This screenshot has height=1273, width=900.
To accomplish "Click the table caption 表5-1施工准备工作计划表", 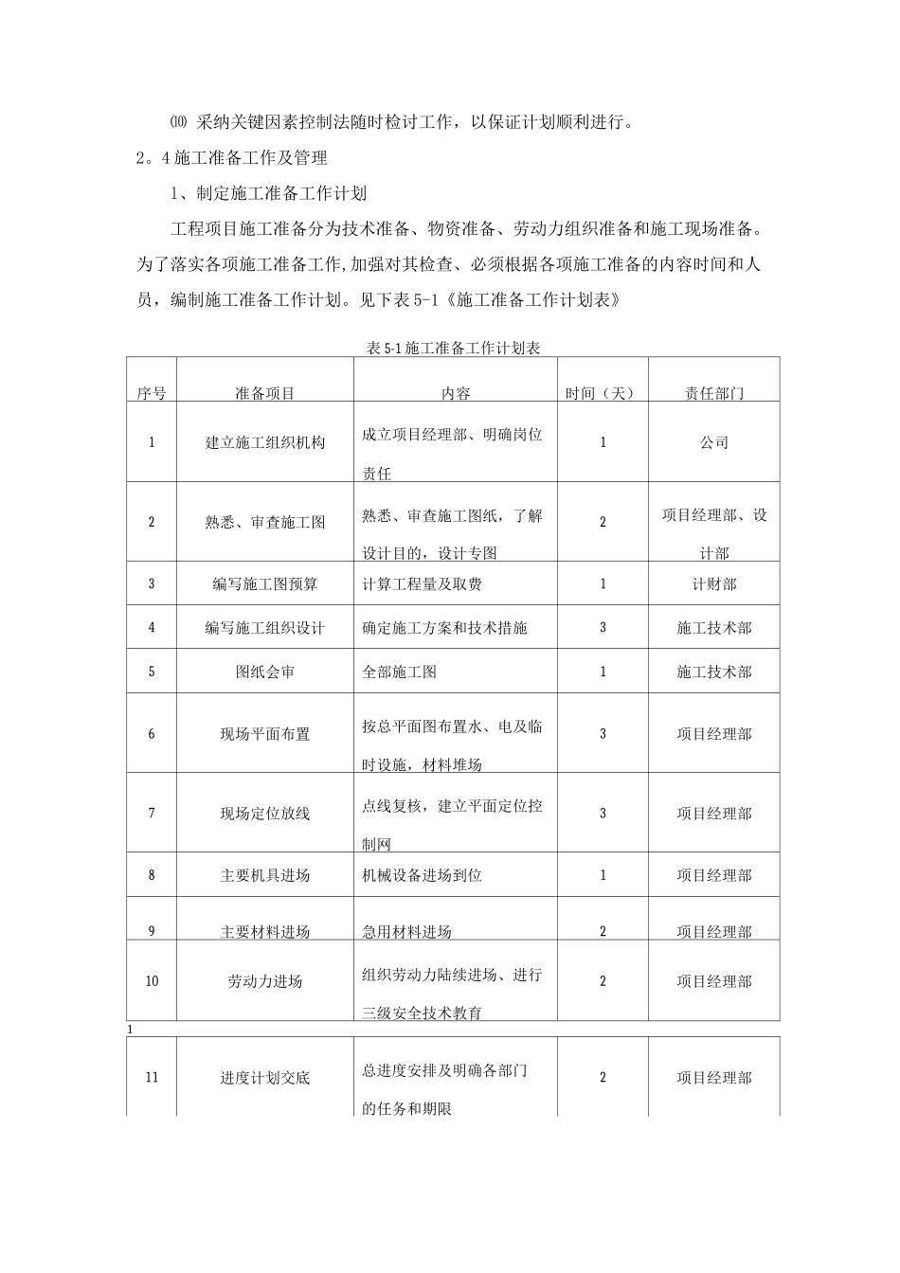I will pos(452,348).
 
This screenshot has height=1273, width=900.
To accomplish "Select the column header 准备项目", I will pos(264,393).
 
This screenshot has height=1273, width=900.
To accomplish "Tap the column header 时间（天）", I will pos(602,393).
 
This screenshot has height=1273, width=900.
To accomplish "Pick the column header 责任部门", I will pos(714,393).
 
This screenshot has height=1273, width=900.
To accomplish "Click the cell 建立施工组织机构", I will pos(264,442).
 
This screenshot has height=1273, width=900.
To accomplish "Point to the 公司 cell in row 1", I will pos(714,442).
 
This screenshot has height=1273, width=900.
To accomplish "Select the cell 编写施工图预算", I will pos(264,584).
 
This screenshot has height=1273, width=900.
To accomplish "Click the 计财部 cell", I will pos(714,584).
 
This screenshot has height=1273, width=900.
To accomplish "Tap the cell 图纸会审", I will pos(264,672).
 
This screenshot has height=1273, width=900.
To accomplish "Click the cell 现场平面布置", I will pos(264,734).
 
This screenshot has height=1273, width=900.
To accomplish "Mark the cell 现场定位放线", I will pos(264,814).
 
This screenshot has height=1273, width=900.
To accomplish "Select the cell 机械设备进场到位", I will pos(423,875).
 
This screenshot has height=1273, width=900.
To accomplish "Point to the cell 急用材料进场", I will pos(407,931).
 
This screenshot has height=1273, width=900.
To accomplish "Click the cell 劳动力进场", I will pos(264,981).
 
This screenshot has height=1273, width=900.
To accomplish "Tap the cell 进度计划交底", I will pos(264,1078).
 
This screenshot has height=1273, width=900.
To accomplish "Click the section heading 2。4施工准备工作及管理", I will pos(232,157).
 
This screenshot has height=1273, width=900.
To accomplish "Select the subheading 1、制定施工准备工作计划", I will pos(268,193).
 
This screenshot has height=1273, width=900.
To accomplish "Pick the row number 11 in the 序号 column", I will pos(152,1078).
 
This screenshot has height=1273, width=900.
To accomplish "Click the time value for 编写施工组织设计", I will pos(603,628).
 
